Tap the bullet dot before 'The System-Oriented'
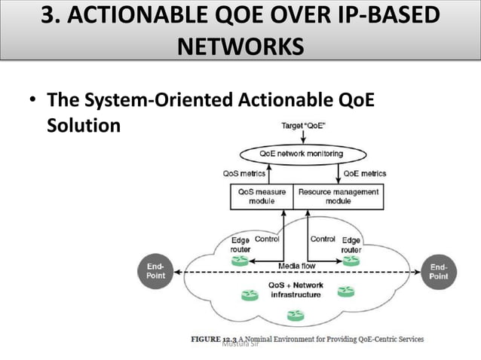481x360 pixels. (x=32, y=102)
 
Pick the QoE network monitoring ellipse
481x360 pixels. (x=301, y=154)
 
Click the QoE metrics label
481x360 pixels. (x=365, y=173)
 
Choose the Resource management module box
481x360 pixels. (x=338, y=197)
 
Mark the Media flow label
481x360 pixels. (x=297, y=266)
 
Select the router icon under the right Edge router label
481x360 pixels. (x=351, y=261)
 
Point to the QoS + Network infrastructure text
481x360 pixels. (x=296, y=290)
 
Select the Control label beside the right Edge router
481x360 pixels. (x=323, y=239)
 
